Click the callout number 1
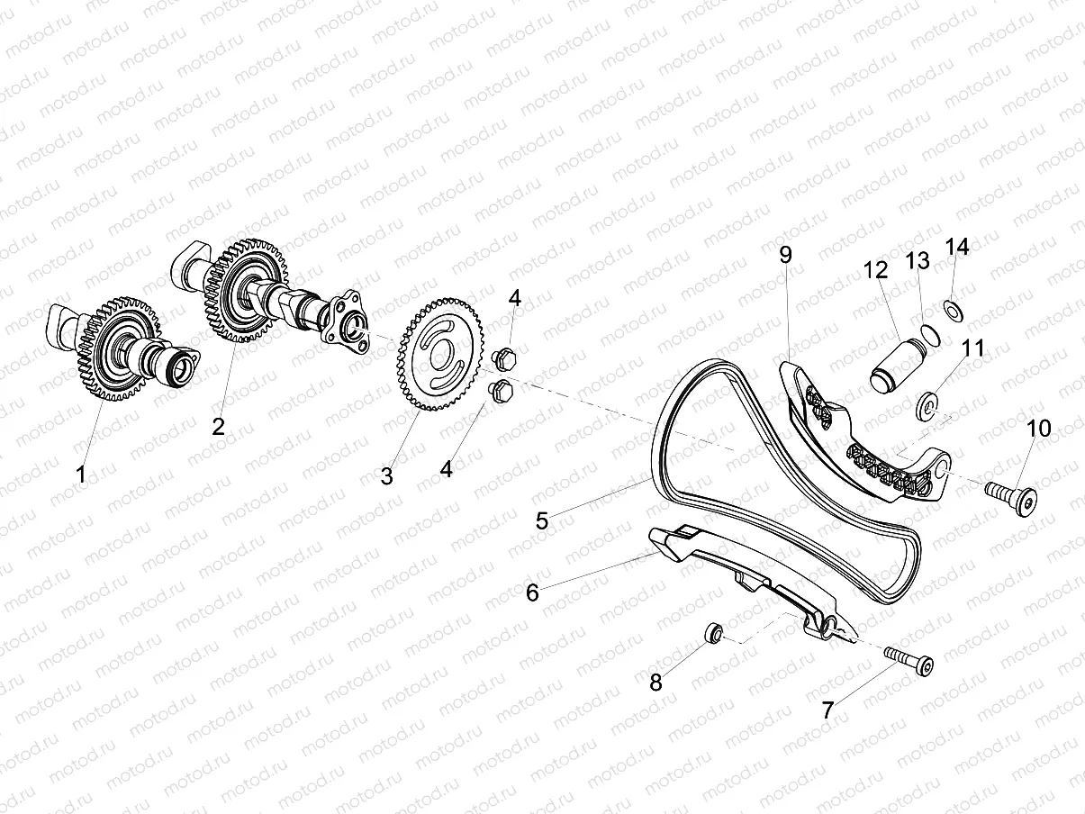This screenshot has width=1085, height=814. coord(82,474)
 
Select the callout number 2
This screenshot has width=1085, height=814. coord(219,427)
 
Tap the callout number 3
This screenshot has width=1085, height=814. coord(386,476)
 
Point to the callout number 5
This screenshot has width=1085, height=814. coord(542,520)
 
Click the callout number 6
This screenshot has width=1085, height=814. coord(532,592)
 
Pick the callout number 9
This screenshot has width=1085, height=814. coord(786,255)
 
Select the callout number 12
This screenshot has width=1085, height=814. coord(874,269)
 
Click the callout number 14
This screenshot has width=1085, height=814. coord(956,247)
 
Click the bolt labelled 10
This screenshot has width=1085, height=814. coord(1010,495)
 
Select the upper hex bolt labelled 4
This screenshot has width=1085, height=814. coord(505,357)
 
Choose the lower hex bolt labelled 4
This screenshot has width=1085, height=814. coord(499,391)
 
